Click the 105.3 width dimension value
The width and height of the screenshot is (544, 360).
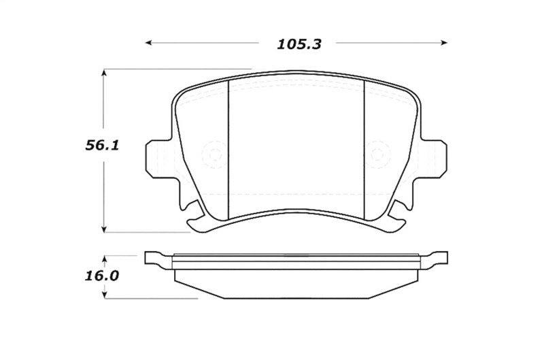coord(299,44)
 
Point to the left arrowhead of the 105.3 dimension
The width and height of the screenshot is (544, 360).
coord(149,44)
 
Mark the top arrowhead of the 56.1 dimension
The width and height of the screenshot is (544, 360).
coord(103,71)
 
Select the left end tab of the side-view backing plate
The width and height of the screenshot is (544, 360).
coord(155,259)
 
